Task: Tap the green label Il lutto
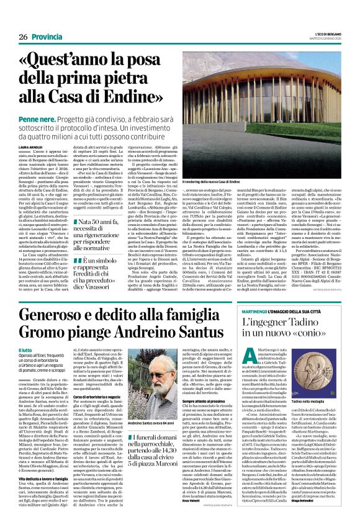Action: (26, 351)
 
